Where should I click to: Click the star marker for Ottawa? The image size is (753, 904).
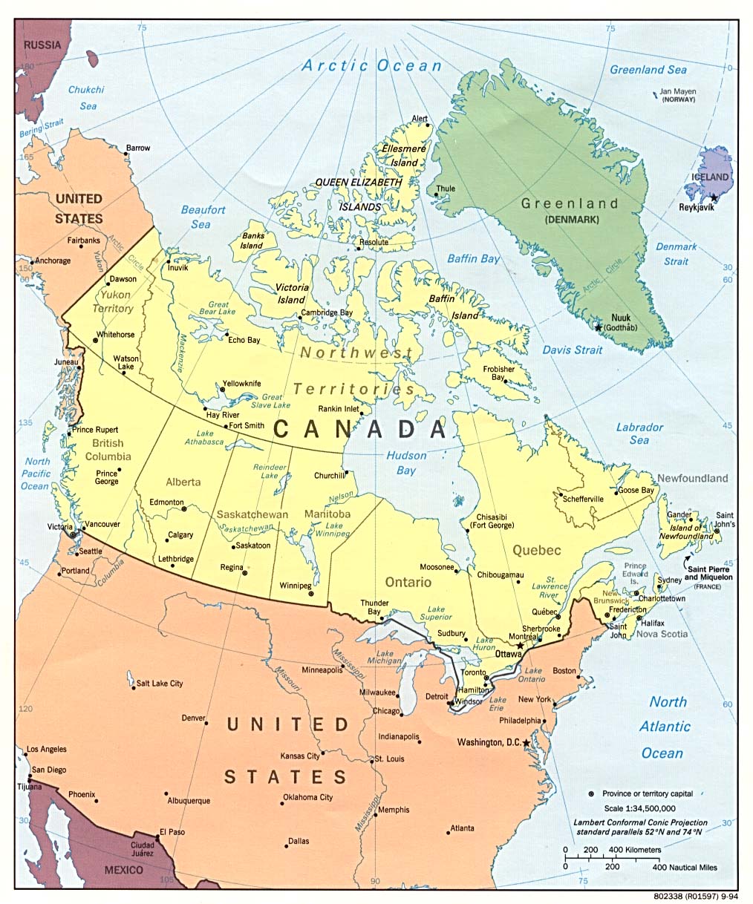click(521, 645)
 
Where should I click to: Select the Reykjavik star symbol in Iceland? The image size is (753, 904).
click(714, 198)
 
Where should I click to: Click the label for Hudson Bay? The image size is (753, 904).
click(406, 463)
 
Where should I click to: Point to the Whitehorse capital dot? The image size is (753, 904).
click(95, 341)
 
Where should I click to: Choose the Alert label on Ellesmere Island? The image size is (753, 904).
click(420, 119)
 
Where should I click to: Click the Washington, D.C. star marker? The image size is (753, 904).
click(527, 743)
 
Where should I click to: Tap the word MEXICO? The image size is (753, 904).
click(123, 869)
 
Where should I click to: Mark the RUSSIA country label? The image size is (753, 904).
click(42, 45)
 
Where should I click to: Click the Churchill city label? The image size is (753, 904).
click(329, 476)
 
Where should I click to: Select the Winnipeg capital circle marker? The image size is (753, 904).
click(310, 594)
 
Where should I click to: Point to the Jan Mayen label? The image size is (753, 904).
click(674, 92)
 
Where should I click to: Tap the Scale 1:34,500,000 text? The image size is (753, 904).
click(639, 808)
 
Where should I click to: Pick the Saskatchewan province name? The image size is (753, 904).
click(252, 514)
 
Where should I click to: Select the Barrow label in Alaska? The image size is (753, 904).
click(137, 148)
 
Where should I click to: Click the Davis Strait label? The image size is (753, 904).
click(572, 349)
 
